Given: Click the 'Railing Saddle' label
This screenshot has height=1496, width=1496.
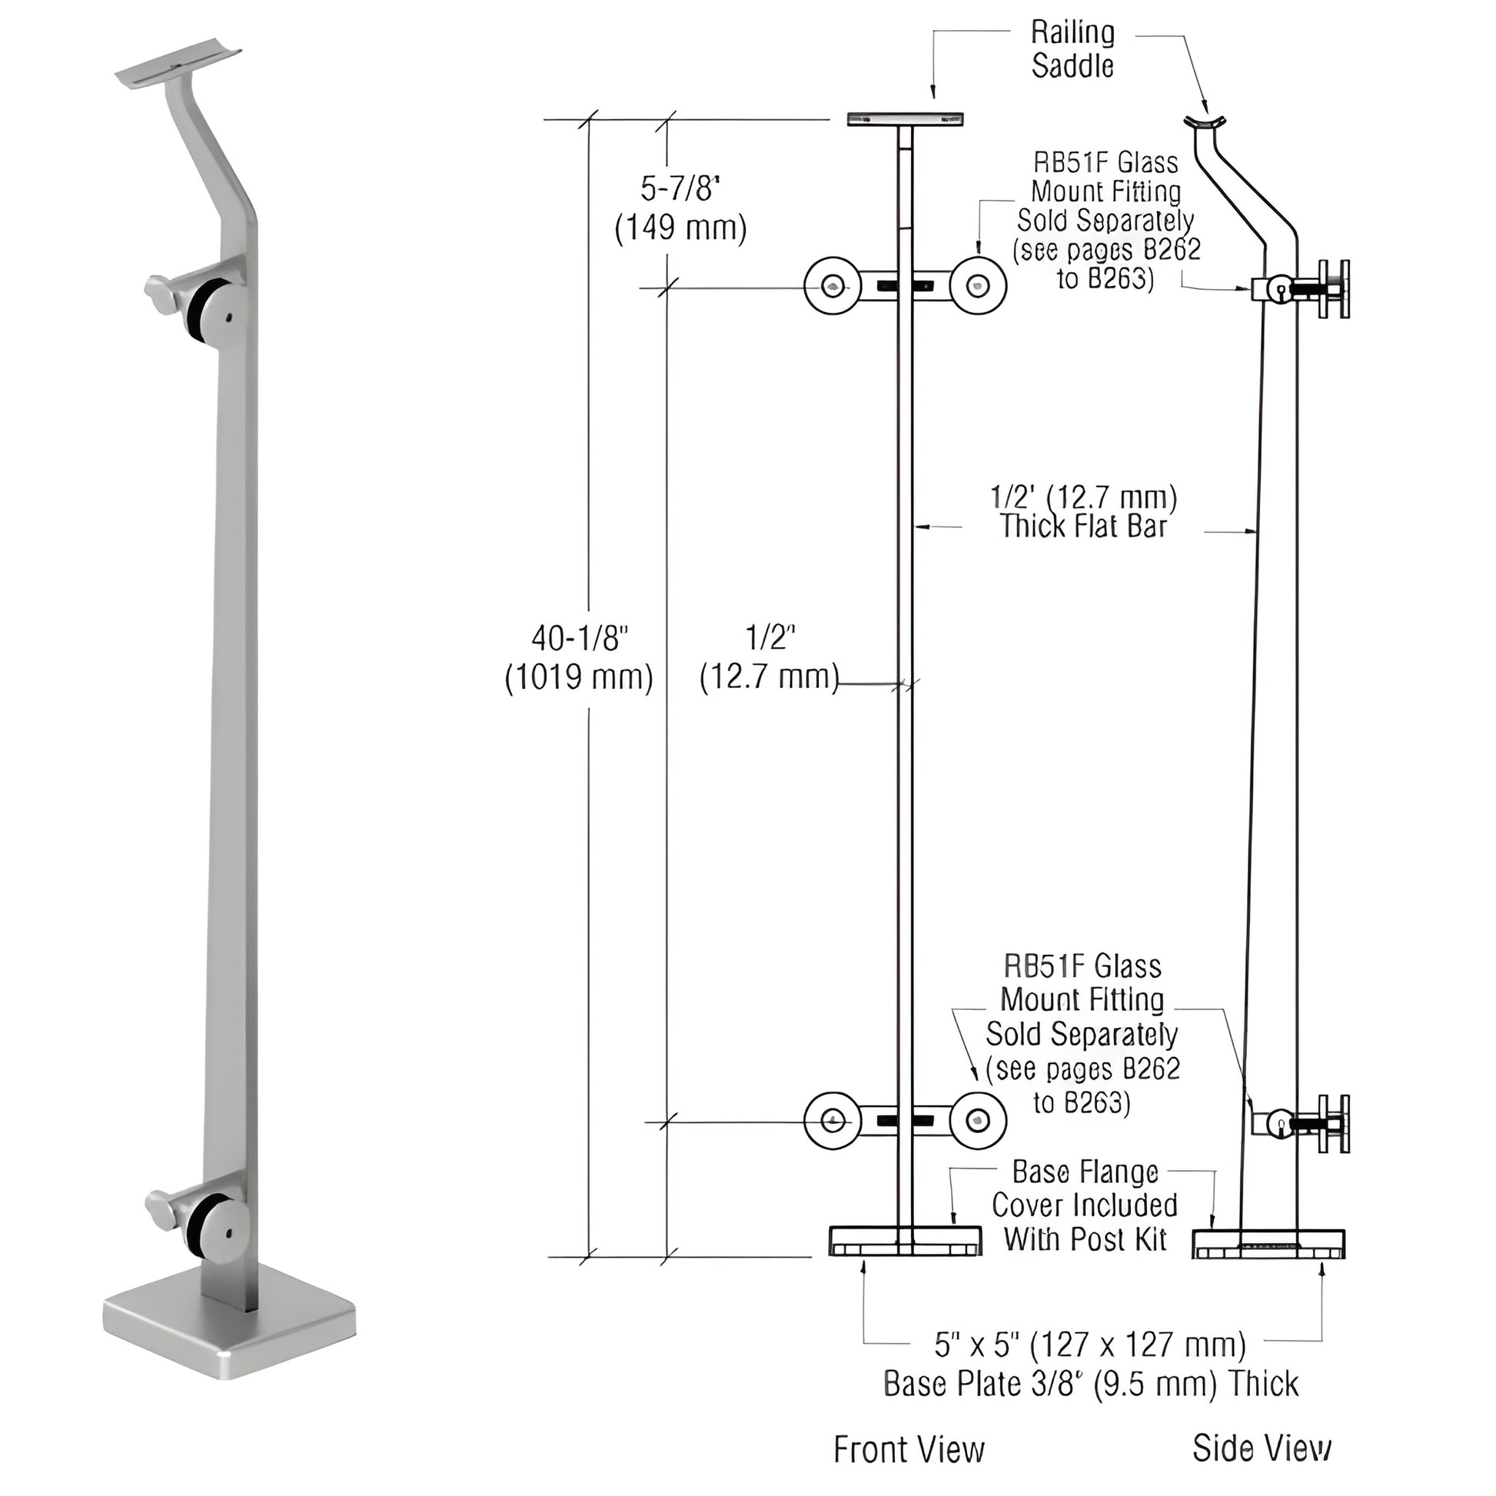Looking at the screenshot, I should [1072, 49].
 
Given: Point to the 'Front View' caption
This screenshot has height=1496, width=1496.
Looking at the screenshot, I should [909, 1450].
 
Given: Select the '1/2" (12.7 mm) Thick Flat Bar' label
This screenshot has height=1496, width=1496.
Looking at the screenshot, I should [1083, 512].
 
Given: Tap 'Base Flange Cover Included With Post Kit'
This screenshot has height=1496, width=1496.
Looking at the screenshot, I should [1084, 1205].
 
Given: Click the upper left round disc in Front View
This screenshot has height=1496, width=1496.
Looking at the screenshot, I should [833, 287].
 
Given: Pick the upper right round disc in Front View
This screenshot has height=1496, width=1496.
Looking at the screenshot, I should [979, 287].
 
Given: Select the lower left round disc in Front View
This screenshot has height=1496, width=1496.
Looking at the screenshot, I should [833, 1120].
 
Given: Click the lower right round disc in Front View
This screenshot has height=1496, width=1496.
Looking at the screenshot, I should [979, 1120].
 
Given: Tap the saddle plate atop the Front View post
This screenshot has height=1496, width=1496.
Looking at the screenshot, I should [905, 119].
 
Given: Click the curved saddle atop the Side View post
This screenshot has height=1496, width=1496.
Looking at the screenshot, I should [1205, 123].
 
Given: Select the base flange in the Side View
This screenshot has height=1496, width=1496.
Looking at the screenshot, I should [1268, 1243].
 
